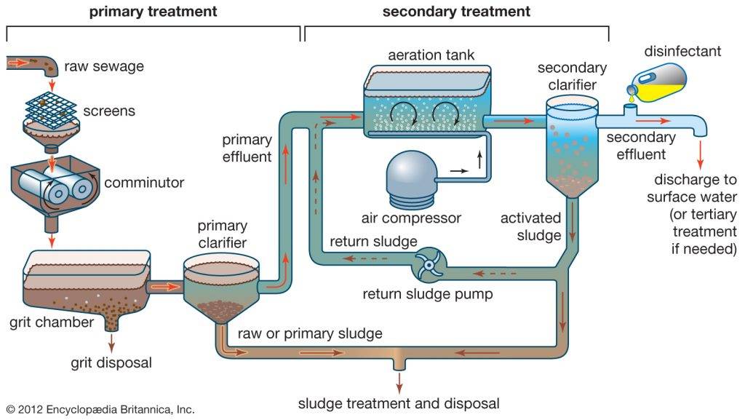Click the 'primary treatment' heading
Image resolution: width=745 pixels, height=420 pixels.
153,12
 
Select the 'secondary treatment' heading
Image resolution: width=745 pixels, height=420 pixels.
456,12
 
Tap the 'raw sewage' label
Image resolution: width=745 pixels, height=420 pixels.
104,66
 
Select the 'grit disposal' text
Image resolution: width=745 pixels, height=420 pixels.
111,362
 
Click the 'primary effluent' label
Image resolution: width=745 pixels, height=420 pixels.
247,147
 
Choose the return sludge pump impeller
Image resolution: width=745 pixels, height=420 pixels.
429,266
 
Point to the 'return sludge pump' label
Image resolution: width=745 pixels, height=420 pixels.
429,295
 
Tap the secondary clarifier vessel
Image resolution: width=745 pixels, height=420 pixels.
571,149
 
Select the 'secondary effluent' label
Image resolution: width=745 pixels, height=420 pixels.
640,145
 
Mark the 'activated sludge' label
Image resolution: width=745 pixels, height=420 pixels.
531,226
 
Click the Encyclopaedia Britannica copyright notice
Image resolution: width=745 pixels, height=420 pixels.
100,410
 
